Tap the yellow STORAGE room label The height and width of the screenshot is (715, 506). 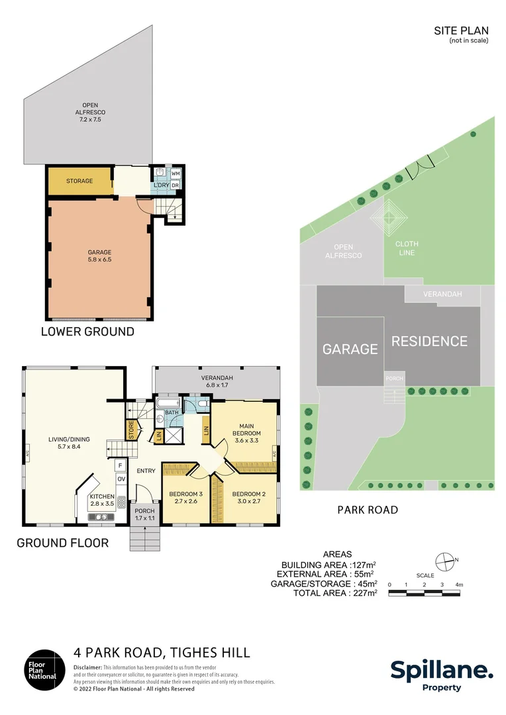(x=79, y=181)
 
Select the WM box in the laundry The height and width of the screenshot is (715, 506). (x=176, y=173)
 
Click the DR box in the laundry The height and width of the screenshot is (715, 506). (x=176, y=185)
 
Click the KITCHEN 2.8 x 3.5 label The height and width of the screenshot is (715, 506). (x=102, y=500)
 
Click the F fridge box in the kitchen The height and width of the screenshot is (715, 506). (x=121, y=465)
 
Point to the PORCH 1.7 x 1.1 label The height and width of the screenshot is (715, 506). (x=144, y=514)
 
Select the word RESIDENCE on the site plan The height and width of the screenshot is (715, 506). (x=429, y=342)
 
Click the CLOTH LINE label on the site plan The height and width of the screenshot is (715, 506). (x=407, y=248)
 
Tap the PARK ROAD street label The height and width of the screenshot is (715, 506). (x=368, y=510)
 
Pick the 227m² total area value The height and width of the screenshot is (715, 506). (x=362, y=593)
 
